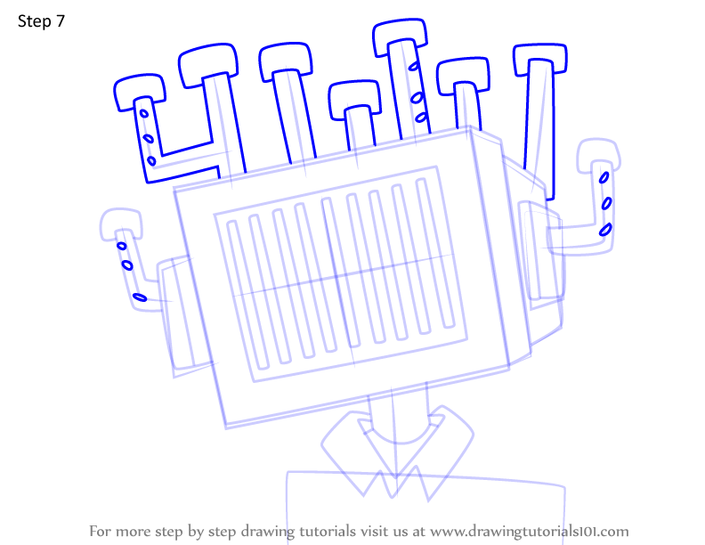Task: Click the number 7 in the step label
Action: pyautogui.click(x=61, y=21)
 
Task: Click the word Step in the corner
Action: pyautogui.click(x=34, y=21)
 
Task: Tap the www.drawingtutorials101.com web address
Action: pyautogui.click(x=530, y=532)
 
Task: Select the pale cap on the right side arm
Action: pyautogui.click(x=599, y=153)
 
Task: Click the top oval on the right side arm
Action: pyautogui.click(x=604, y=177)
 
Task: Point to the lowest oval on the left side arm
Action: pyautogui.click(x=140, y=297)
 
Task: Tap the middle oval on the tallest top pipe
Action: pyautogui.click(x=417, y=97)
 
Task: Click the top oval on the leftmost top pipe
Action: pyautogui.click(x=144, y=113)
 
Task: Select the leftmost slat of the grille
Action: pyautogui.click(x=247, y=295)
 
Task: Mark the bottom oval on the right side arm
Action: pyautogui.click(x=605, y=230)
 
